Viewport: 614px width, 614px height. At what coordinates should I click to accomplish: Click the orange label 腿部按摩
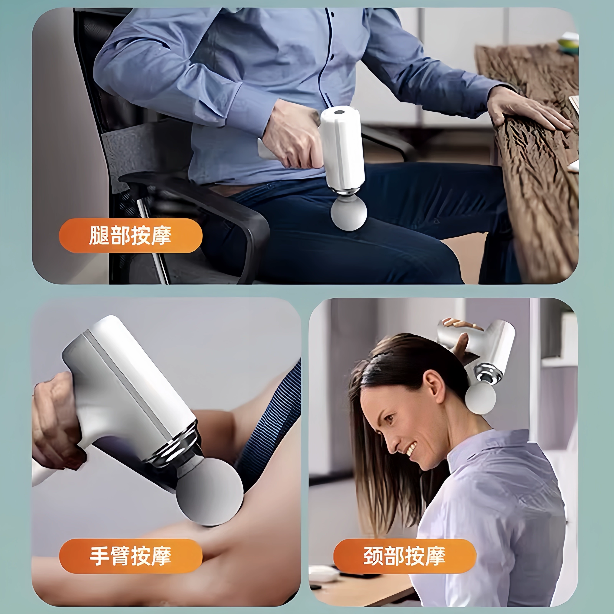tap(131, 235)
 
